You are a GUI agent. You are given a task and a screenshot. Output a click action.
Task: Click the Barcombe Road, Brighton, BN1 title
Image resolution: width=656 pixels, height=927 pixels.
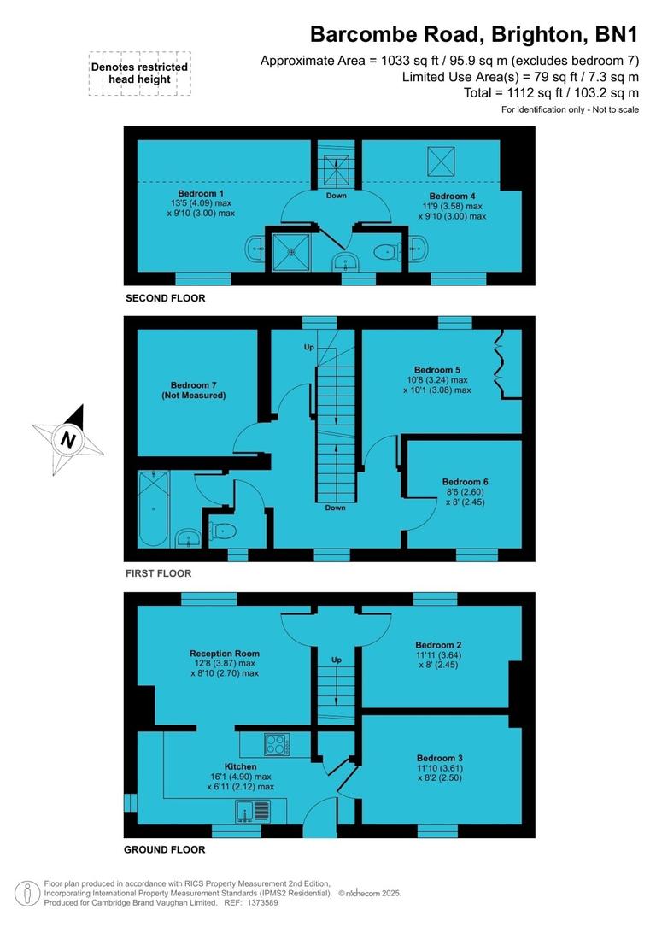[x=474, y=34]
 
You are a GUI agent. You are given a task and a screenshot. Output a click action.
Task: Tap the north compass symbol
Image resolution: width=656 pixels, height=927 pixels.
[x=67, y=440]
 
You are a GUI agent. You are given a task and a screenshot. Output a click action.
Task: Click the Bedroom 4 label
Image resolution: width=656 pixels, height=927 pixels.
[x=452, y=197]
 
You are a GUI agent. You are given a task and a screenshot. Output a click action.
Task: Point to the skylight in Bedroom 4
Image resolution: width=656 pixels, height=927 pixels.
[x=441, y=158]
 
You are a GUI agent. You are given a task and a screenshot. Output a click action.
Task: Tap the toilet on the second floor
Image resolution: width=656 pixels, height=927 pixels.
[x=386, y=251]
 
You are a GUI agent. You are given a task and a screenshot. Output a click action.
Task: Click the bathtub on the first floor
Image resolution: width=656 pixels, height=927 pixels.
[x=155, y=509]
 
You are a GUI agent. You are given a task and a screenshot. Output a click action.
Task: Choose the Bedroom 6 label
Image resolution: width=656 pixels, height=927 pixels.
[x=466, y=482]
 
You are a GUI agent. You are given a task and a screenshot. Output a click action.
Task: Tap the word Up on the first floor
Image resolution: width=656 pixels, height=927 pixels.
[x=309, y=348]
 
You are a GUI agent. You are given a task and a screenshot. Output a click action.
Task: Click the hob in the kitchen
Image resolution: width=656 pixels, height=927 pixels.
[x=277, y=744]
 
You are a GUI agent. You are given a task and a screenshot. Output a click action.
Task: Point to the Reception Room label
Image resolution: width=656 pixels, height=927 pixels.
[x=225, y=654]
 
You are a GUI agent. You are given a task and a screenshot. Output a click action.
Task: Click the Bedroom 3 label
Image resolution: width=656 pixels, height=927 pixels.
[x=440, y=758]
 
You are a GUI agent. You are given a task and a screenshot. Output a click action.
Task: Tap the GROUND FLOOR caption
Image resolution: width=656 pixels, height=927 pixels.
[x=164, y=849]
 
